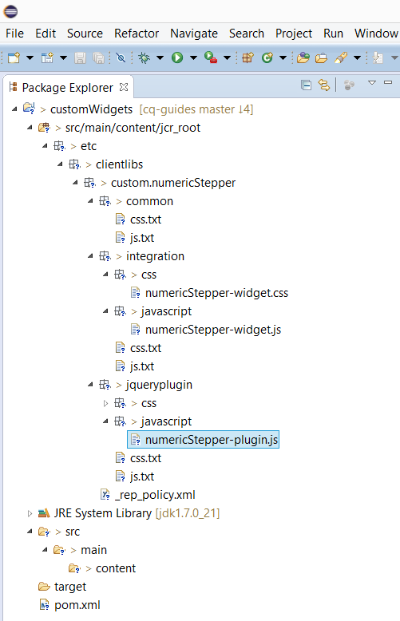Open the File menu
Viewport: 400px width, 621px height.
pyautogui.click(x=14, y=33)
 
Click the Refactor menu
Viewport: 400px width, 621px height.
pyautogui.click(x=137, y=33)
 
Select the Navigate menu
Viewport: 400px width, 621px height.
pyautogui.click(x=194, y=33)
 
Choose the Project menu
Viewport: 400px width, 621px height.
pyautogui.click(x=294, y=33)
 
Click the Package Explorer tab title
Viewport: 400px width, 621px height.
pyautogui.click(x=68, y=87)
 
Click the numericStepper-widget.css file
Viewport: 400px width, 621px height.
pyautogui.click(x=216, y=293)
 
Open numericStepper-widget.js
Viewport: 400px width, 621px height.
pyautogui.click(x=212, y=330)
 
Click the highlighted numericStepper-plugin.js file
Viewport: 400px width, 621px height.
pyautogui.click(x=211, y=440)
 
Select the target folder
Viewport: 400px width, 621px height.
pyautogui.click(x=70, y=587)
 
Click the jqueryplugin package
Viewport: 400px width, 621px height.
pyautogui.click(x=160, y=385)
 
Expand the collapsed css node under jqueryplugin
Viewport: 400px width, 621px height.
pyautogui.click(x=105, y=403)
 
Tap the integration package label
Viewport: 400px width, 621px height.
pyautogui.click(x=155, y=256)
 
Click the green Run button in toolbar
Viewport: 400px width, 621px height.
pyautogui.click(x=177, y=57)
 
